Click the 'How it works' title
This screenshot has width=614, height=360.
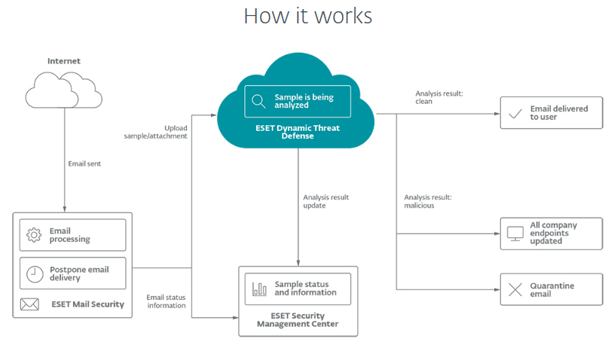307,16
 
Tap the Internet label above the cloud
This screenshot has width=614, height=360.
63,61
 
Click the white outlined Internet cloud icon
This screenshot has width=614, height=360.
63,90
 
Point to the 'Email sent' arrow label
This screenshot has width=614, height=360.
83,163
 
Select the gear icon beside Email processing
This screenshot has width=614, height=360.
34,235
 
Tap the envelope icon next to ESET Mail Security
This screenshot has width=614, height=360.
29,304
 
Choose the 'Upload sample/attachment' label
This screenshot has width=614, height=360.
156,133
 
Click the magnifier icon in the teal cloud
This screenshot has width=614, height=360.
258,102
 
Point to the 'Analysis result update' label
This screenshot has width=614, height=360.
325,201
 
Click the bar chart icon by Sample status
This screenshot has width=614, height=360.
259,288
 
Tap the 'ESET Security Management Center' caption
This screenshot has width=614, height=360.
298,320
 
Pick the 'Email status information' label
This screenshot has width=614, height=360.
166,301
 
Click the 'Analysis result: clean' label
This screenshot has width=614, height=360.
439,97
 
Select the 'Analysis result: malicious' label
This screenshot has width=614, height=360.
428,201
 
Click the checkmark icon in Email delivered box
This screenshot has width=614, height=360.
515,114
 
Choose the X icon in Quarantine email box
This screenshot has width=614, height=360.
515,290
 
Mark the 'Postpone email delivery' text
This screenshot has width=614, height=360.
79,274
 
